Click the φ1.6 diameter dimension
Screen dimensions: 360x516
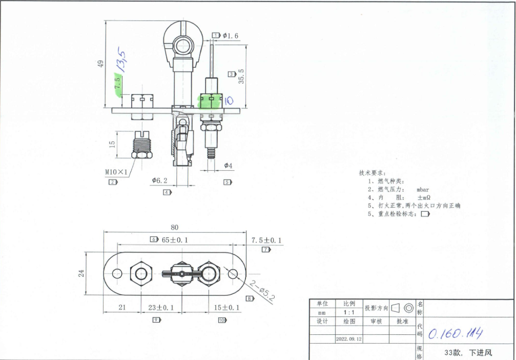point(231,35)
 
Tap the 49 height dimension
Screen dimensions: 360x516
point(100,64)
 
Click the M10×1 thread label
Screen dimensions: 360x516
point(116,172)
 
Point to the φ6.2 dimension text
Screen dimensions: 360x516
point(160,181)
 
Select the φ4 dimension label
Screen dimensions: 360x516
point(228,166)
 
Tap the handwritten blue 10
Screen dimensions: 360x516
point(228,101)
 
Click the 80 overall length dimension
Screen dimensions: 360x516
point(174,227)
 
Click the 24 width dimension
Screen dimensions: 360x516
point(81,273)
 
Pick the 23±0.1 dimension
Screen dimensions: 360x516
point(161,308)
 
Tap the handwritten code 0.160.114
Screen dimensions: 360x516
point(455,334)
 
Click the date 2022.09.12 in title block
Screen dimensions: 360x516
point(348,339)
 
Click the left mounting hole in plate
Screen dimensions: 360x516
point(116,274)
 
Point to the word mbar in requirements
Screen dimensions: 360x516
point(423,189)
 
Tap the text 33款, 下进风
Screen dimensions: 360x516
point(468,352)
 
